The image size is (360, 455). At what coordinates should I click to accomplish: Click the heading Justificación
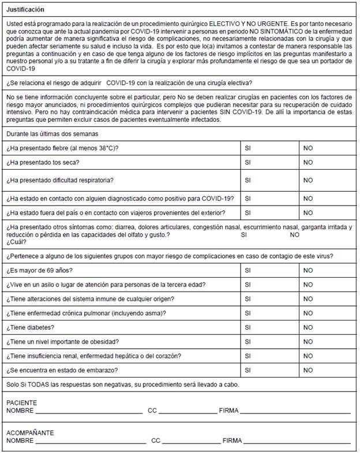[25, 10]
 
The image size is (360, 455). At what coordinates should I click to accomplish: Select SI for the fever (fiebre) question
[248, 148]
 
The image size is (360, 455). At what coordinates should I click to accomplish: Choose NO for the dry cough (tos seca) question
[308, 162]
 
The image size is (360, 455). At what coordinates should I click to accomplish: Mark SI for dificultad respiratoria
[248, 180]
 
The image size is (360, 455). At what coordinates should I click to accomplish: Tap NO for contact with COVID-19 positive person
[308, 198]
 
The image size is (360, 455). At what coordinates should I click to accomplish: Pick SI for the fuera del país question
[248, 213]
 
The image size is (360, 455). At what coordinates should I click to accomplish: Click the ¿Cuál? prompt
[17, 243]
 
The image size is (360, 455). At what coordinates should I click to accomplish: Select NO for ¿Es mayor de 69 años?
[308, 270]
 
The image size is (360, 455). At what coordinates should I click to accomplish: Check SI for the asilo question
[248, 285]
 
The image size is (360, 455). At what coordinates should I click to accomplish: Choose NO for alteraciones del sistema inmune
[308, 299]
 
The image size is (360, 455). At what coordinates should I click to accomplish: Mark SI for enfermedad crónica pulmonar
[248, 313]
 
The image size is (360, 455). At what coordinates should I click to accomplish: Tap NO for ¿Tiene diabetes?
[308, 327]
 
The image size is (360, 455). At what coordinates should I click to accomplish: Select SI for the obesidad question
[248, 341]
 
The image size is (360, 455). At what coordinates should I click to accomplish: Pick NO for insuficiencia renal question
[308, 356]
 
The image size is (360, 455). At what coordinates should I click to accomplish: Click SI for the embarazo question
[248, 370]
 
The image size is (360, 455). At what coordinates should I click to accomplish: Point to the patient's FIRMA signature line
[296, 412]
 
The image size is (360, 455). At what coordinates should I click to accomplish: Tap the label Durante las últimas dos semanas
[52, 133]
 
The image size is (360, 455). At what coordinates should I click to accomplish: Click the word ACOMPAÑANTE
[30, 432]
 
